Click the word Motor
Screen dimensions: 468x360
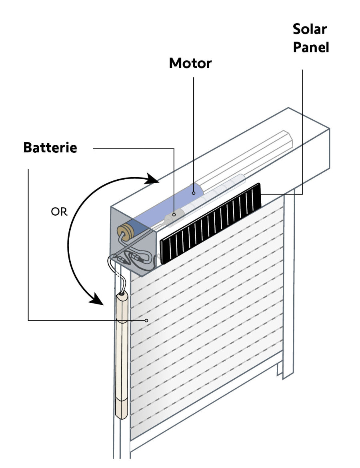[x=190, y=63]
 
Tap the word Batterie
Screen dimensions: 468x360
[x=50, y=148]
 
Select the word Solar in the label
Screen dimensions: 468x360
[x=310, y=29]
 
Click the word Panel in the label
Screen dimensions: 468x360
[x=311, y=47]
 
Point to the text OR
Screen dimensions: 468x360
[x=59, y=212]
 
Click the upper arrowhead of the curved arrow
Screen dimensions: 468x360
[x=154, y=179]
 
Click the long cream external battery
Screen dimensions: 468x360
[x=121, y=356]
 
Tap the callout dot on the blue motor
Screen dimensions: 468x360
[x=193, y=193]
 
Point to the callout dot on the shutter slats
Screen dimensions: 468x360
[x=147, y=320]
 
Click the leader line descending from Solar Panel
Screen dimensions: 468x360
[x=302, y=132]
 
